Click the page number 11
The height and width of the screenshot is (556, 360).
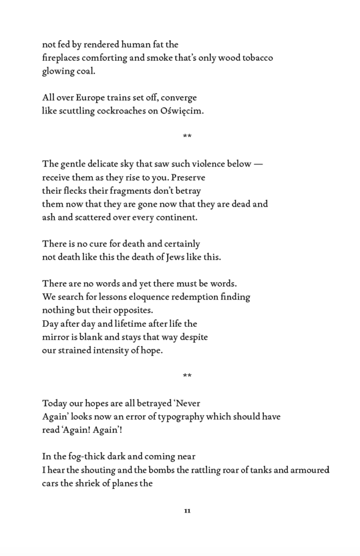pyautogui.click(x=187, y=510)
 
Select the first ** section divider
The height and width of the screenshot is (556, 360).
pyautogui.click(x=187, y=136)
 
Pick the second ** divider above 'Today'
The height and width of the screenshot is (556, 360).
pyautogui.click(x=187, y=376)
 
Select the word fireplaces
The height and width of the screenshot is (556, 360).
pyautogui.click(x=64, y=58)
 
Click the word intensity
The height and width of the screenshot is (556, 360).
pyautogui.click(x=98, y=350)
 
